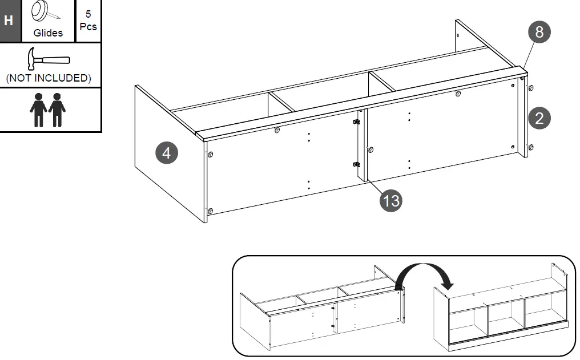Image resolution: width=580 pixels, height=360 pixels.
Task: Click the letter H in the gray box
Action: pos(9,21)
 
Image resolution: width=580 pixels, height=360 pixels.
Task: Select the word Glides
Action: pos(48,33)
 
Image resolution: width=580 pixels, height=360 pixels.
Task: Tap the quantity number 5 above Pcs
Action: pos(88,14)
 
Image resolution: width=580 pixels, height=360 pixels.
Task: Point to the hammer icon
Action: pos(48,59)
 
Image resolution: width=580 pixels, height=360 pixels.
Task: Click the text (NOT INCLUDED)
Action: pos(49,78)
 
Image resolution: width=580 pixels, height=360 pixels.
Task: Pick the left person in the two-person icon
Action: pos(39,110)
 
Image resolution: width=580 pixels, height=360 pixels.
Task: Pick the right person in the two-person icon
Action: pos(57,110)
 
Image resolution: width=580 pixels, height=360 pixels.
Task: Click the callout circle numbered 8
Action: pos(538,32)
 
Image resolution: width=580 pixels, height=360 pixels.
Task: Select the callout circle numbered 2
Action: pos(539,118)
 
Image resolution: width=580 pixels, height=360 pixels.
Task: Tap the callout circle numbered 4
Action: pos(167,153)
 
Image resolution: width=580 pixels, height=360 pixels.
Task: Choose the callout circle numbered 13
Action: pos(391,200)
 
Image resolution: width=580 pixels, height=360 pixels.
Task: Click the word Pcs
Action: pos(88,27)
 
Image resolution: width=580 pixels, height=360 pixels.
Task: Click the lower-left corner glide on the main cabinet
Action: pos(210,211)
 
